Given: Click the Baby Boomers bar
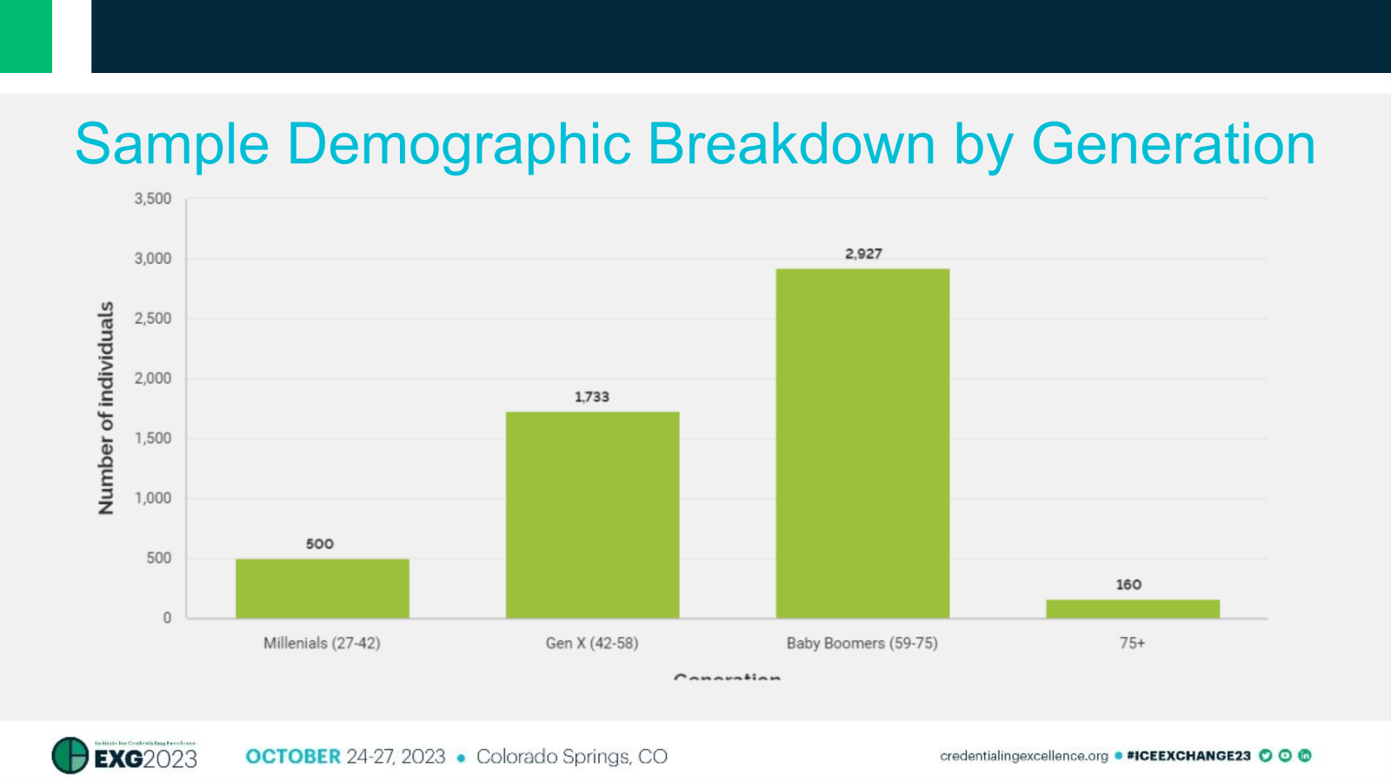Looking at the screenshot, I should [862, 443].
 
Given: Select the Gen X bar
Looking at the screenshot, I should [592, 514].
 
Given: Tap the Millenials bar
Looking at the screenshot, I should [322, 588].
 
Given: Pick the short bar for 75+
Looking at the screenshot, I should [1132, 608].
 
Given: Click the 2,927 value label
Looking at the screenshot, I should [863, 254].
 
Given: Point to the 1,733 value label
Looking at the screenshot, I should [592, 397].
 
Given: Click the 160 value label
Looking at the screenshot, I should [1128, 585].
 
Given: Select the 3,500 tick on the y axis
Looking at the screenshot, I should [153, 199].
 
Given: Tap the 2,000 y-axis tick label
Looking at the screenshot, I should [153, 378].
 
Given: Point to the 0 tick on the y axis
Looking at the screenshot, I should [167, 618].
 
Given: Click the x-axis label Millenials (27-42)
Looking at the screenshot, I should [322, 643].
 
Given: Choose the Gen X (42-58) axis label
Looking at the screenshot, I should [592, 643].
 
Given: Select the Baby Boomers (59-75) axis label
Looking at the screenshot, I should [862, 643].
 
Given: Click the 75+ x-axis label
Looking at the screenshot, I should [1132, 643].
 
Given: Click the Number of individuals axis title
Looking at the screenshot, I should [106, 408].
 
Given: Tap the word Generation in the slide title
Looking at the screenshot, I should [1173, 143].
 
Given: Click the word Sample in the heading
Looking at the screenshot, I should [172, 143].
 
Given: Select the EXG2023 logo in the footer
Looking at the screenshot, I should [125, 756].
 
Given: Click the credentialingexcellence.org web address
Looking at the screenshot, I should [1023, 756].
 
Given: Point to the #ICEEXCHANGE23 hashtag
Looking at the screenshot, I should [1188, 756].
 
